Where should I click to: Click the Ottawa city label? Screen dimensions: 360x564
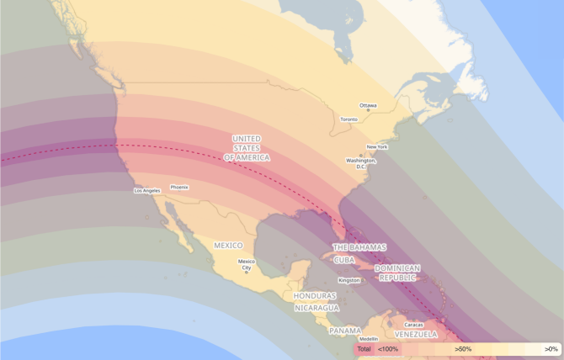pos(369,106)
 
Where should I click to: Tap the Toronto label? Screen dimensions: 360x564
pos(349,119)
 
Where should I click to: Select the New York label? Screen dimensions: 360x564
pos(376,147)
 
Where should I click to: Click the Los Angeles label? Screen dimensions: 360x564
pos(146,191)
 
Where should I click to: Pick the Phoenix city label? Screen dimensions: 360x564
pos(179,187)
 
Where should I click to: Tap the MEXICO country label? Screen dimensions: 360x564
pos(228,246)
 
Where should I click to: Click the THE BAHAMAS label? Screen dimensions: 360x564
pos(359,247)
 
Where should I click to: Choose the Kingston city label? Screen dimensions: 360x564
pos(349,280)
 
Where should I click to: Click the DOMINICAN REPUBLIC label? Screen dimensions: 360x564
pos(397,273)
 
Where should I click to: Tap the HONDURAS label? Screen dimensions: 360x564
pos(315,296)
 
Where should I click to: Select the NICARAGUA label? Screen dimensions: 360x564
pos(317,308)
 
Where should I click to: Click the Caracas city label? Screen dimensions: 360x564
pos(413,325)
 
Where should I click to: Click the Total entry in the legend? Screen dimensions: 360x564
pos(364,348)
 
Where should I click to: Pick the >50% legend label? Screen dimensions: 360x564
pos(463,348)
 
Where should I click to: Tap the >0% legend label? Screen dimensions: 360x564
pos(551,348)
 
